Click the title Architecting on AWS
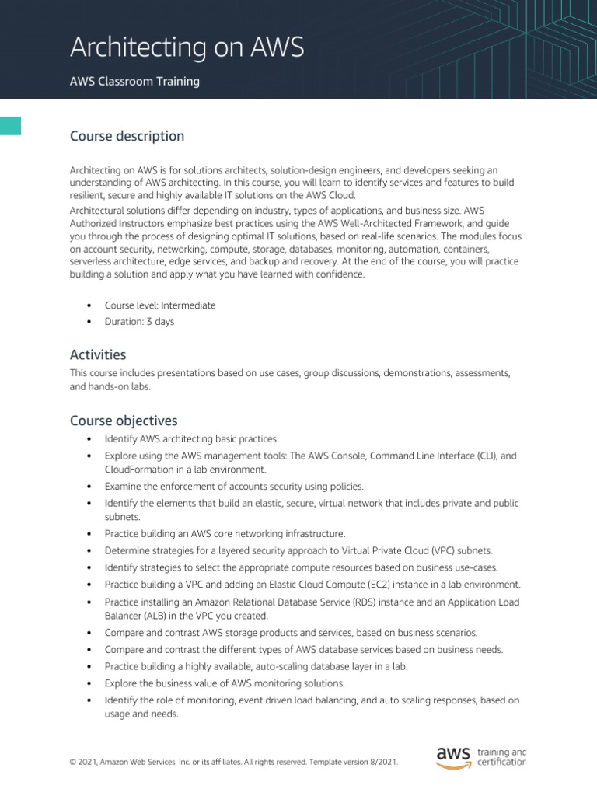click(x=187, y=48)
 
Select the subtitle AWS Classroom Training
click(x=134, y=82)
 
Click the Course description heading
click(x=127, y=136)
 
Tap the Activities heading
click(x=98, y=354)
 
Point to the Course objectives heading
click(x=124, y=421)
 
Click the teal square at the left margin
click(x=10, y=125)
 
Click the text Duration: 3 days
click(x=139, y=322)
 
